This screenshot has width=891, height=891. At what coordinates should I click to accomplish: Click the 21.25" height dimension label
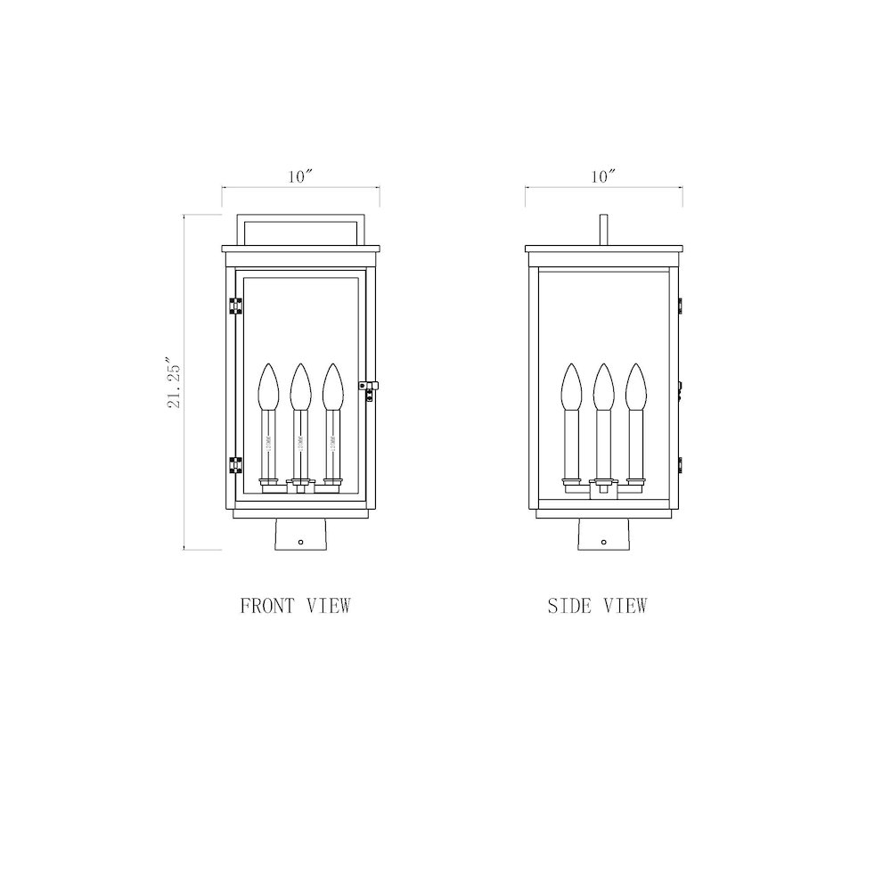(x=176, y=383)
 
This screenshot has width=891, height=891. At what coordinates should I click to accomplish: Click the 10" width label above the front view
(x=300, y=176)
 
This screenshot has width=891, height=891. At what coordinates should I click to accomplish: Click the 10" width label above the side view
(x=603, y=176)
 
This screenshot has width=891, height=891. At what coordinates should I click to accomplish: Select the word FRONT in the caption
(x=266, y=606)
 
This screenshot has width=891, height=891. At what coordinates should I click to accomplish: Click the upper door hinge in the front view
(x=236, y=306)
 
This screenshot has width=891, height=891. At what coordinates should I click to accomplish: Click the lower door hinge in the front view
(x=236, y=465)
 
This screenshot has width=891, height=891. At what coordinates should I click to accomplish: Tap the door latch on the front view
(x=366, y=385)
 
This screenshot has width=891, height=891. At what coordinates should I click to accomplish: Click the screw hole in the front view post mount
(x=301, y=540)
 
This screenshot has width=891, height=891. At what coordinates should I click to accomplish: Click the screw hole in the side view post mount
(x=604, y=540)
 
